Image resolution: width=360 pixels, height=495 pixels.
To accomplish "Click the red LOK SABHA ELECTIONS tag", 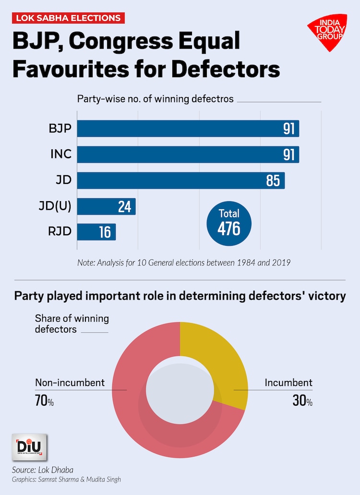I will [x=69, y=18].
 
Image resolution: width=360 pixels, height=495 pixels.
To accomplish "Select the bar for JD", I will [x=181, y=181].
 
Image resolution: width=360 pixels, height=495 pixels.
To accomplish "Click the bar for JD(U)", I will [x=106, y=206].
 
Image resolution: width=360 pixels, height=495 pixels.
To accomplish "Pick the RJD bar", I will [x=96, y=232].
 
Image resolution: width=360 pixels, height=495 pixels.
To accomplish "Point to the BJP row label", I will [x=60, y=129].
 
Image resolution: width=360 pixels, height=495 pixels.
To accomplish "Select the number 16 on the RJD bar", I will [x=105, y=232].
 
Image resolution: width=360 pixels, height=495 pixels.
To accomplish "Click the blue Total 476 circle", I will [x=229, y=223].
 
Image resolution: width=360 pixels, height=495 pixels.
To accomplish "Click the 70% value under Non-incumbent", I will [x=44, y=400].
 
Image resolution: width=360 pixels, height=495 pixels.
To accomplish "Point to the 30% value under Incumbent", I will [x=302, y=400].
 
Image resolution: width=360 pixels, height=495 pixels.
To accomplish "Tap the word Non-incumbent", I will [x=70, y=383].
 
